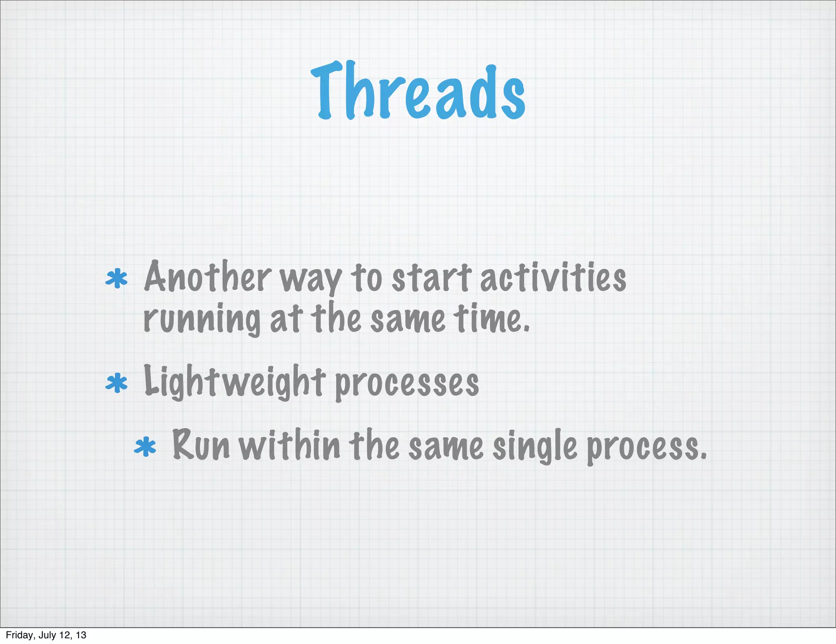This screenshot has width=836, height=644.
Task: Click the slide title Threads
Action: point(418,91)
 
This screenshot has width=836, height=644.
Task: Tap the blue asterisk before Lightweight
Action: point(117,383)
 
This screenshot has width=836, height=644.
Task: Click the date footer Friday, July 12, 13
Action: point(46,635)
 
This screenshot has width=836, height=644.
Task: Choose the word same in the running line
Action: point(407,319)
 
